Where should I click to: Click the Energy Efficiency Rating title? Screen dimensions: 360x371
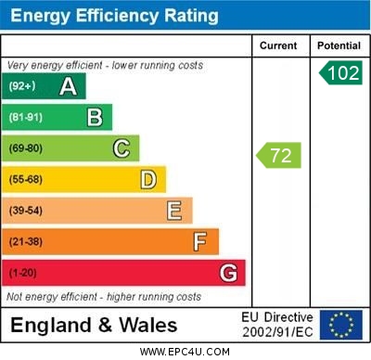115,16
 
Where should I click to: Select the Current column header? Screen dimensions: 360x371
278,45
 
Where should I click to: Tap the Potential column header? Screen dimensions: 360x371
339,45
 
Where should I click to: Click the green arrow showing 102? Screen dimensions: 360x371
341,73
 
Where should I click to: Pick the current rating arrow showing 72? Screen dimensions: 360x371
279,155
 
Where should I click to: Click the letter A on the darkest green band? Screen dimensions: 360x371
68,86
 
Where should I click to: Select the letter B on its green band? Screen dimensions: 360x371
95,117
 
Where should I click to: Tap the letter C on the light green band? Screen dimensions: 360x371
122,148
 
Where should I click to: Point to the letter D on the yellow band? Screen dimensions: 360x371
148,179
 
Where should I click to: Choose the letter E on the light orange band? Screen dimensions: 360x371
174,211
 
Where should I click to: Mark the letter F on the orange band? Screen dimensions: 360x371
200,241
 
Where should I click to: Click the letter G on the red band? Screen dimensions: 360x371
228,273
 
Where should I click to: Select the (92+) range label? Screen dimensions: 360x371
22,86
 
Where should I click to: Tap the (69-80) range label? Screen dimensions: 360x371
26,148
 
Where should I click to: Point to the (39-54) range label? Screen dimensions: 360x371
26,211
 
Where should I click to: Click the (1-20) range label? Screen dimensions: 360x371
23,274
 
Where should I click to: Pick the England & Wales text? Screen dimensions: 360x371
95,325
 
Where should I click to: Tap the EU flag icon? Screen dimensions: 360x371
340,325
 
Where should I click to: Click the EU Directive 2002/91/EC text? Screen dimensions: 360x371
278,325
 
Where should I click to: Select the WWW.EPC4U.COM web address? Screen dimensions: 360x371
185,352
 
